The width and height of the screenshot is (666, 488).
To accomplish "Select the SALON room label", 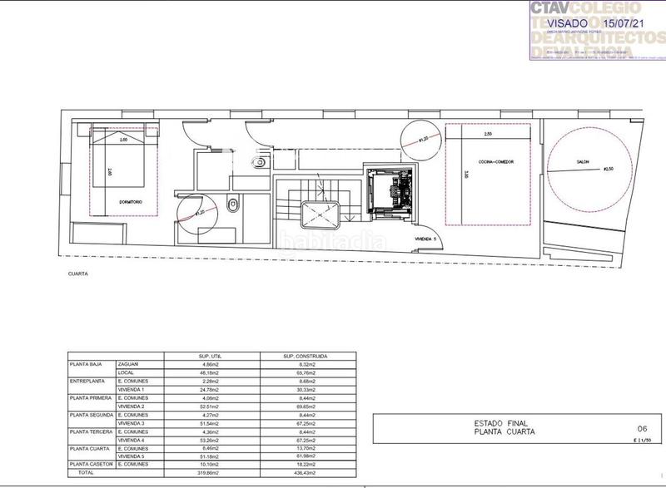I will pos(584,161).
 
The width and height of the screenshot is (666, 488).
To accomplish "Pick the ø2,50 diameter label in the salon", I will pos(614,169).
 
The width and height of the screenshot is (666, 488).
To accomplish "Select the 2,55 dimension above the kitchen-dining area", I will pos(488,134).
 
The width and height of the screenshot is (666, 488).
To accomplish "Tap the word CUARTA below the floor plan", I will pos(79,273).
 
